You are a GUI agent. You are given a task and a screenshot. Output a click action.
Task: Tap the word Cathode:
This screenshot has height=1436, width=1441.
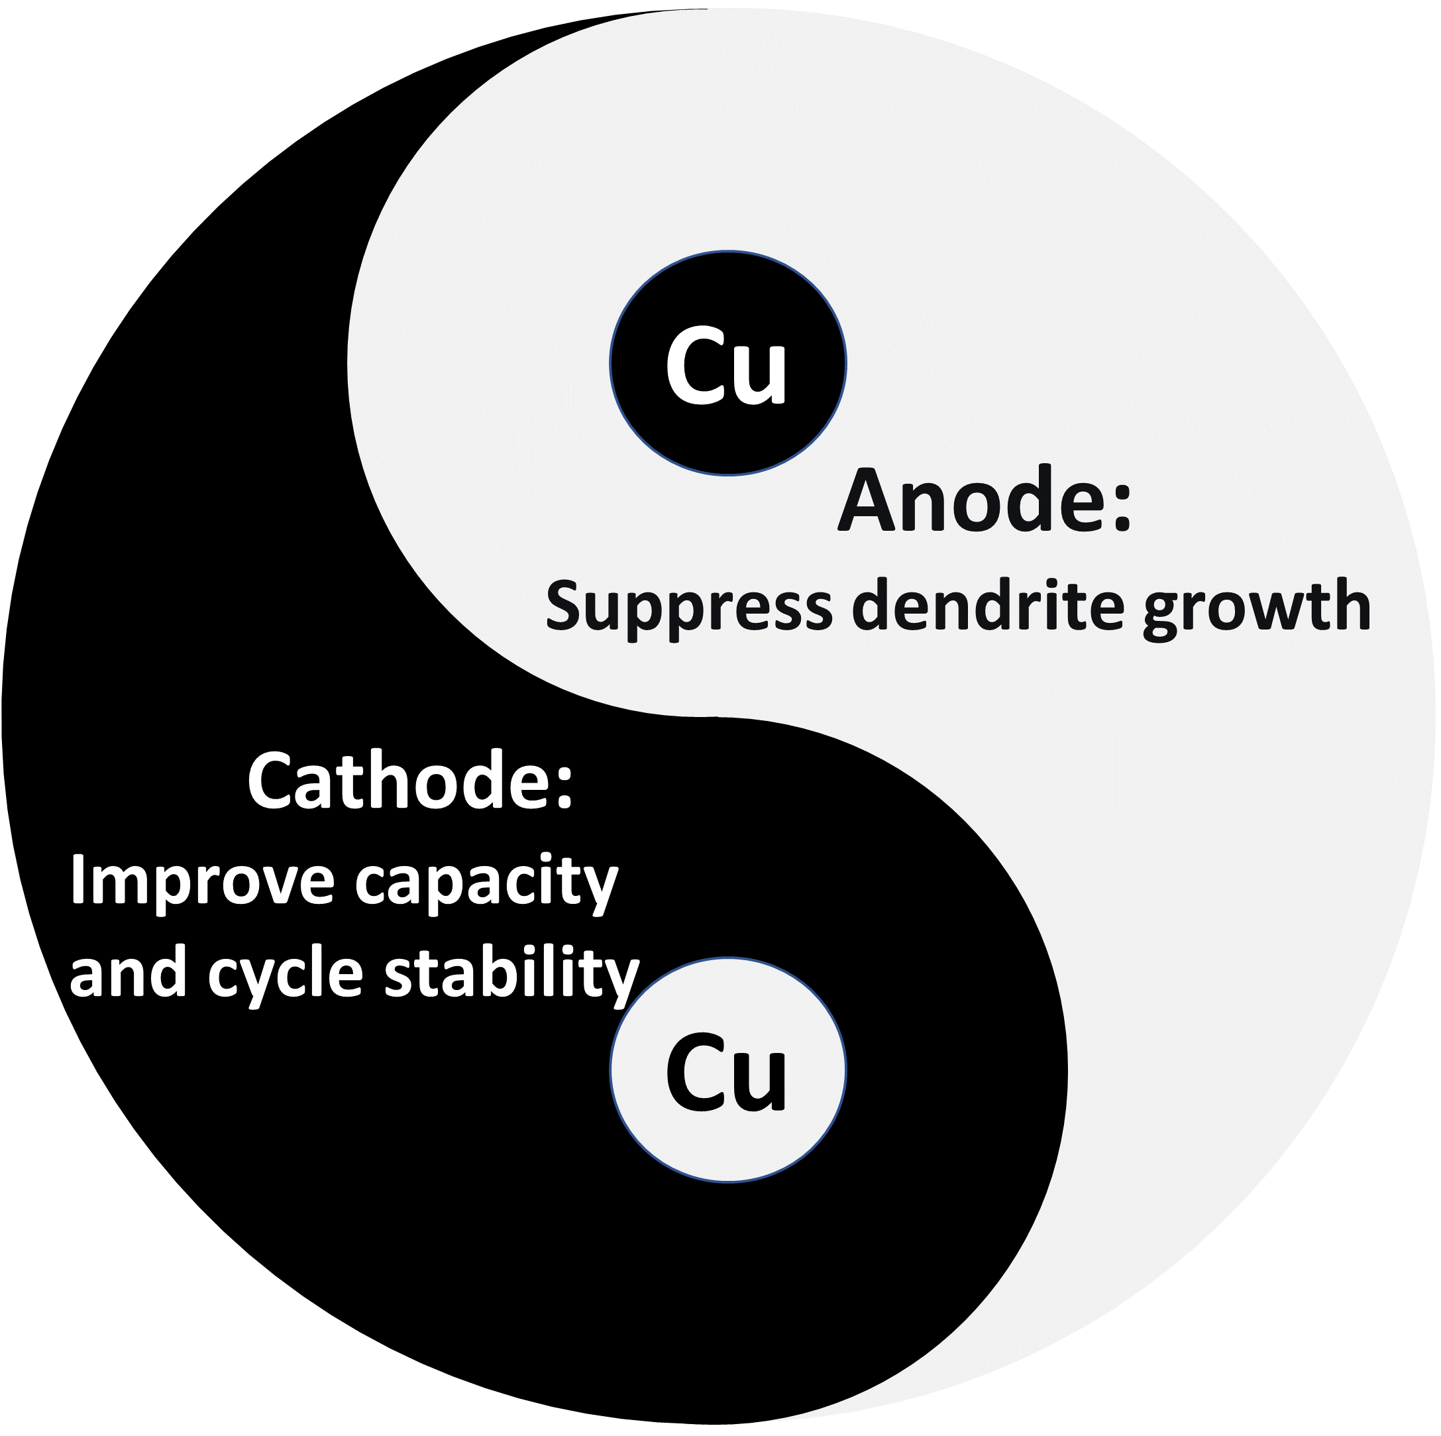[410, 781]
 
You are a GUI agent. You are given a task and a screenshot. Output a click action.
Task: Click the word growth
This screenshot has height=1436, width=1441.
[1257, 608]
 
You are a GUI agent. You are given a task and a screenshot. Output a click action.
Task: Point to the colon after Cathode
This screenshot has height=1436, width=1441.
[564, 787]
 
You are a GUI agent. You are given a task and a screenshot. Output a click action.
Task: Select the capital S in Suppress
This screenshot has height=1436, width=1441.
[564, 606]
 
